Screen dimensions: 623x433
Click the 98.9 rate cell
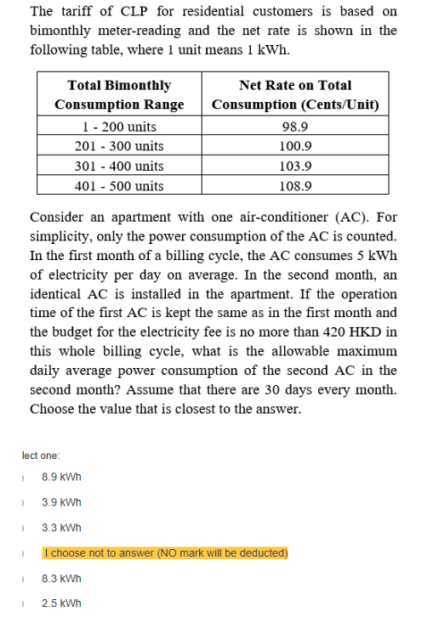[x=295, y=127]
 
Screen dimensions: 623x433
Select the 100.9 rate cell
[x=295, y=146]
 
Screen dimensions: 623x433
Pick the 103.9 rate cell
[x=295, y=166]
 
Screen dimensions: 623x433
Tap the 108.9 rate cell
[x=295, y=185]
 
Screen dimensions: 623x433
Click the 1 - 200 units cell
[x=119, y=127]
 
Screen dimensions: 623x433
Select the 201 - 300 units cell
[x=119, y=146]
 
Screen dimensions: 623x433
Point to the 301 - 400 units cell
[x=119, y=166]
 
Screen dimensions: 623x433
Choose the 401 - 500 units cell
[x=119, y=185]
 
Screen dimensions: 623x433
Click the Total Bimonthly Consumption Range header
[x=119, y=94]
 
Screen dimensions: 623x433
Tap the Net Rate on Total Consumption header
[x=295, y=94]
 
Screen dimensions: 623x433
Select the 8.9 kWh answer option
[x=61, y=477]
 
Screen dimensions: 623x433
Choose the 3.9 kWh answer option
[x=61, y=502]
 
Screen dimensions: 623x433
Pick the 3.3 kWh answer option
[x=61, y=528]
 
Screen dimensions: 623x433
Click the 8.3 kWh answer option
[x=61, y=579]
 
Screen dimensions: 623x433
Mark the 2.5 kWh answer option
[x=61, y=604]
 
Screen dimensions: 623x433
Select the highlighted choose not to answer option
[x=165, y=553]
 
